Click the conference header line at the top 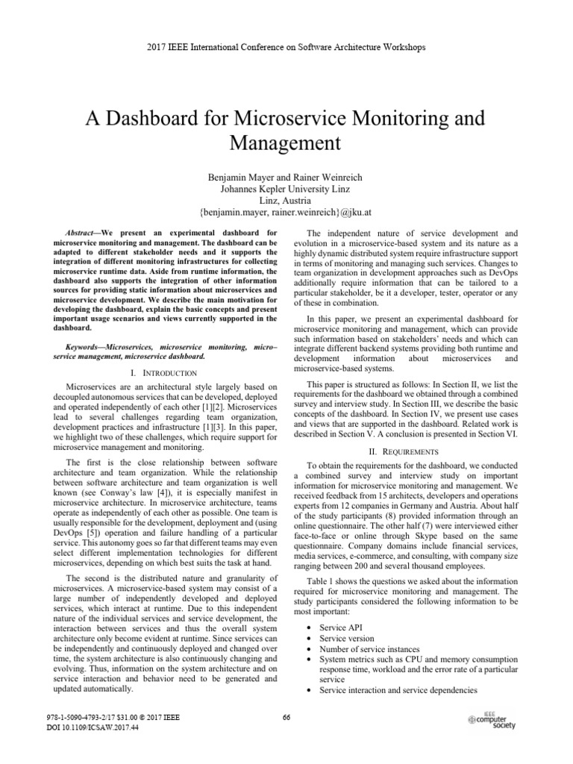[286, 47]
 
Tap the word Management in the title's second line [286, 142]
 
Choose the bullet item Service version [348, 639]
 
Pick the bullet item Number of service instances [370, 649]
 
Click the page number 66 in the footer [286, 718]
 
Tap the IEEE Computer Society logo [494, 720]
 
